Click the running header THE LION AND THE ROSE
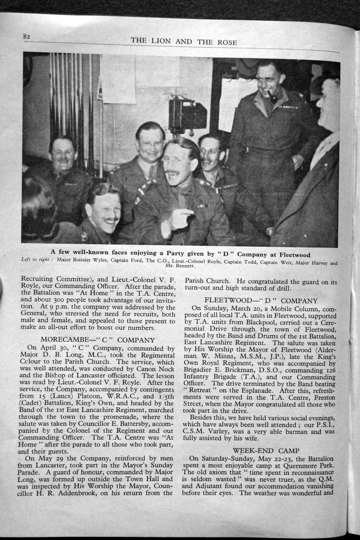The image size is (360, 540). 184,41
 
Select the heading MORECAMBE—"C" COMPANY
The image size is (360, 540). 97,340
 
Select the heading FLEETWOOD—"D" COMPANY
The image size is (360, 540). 261,301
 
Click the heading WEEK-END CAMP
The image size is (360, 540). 266,450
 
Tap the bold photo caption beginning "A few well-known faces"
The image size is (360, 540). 180,254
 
